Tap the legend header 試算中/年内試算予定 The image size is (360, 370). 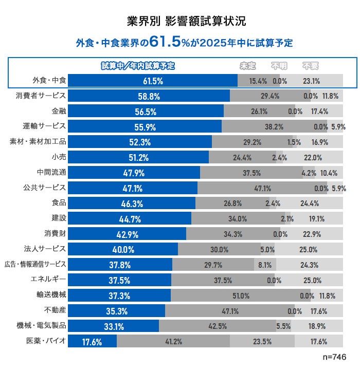[x=138, y=66]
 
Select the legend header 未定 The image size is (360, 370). [x=248, y=66]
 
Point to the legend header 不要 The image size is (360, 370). [x=310, y=66]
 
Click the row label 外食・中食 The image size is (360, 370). [x=49, y=80]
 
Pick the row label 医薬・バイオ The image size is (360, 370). [x=46, y=341]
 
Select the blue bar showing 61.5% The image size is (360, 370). [x=153, y=81]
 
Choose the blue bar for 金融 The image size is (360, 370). [x=146, y=111]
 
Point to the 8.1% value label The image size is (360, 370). [x=265, y=265]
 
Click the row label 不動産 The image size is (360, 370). [x=56, y=310]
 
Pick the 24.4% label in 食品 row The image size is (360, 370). [x=310, y=203]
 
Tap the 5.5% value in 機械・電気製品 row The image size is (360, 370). [x=283, y=326]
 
